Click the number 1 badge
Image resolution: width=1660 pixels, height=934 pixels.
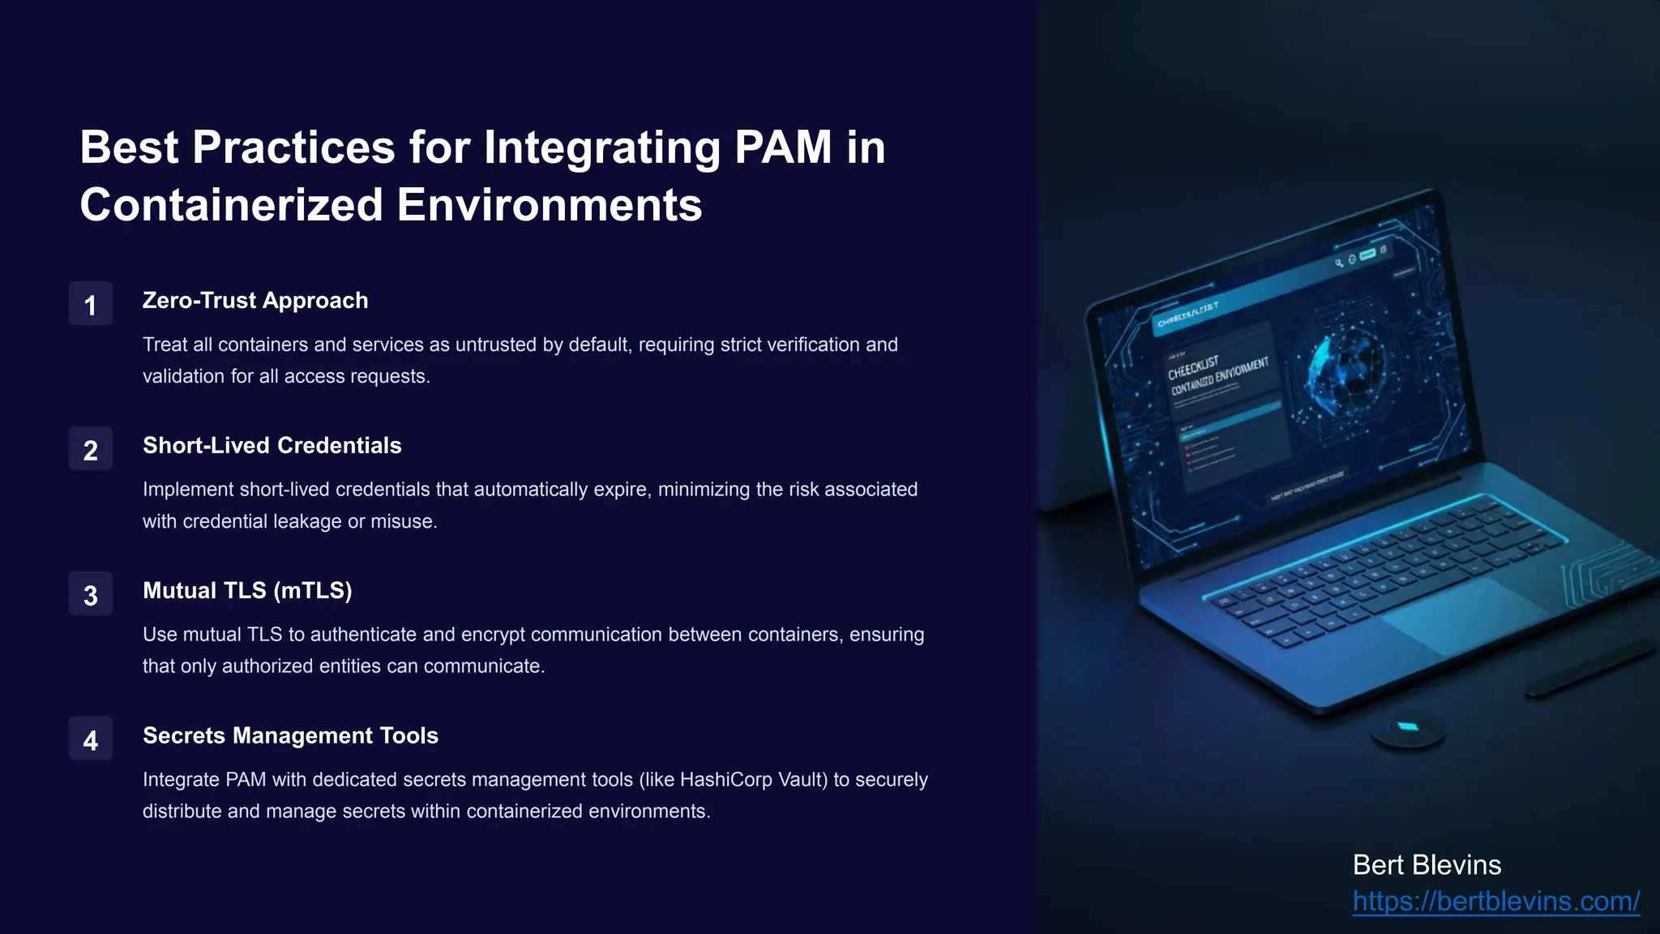point(90,304)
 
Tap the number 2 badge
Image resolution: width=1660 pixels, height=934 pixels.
point(90,449)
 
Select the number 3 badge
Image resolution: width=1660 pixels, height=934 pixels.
point(90,594)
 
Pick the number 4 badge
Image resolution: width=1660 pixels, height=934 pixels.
point(90,739)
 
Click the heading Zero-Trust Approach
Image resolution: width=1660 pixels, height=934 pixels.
point(255,301)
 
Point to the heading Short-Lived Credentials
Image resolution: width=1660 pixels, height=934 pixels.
point(272,446)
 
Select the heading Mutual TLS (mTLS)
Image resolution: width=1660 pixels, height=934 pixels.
point(247,591)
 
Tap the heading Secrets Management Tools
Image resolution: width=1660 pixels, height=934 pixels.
point(290,736)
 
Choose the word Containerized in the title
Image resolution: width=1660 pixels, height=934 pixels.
point(231,205)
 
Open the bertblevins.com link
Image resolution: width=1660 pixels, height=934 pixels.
point(1495,902)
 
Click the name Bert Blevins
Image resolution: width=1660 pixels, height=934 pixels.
point(1427,865)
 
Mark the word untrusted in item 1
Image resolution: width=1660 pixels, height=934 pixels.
point(496,345)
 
